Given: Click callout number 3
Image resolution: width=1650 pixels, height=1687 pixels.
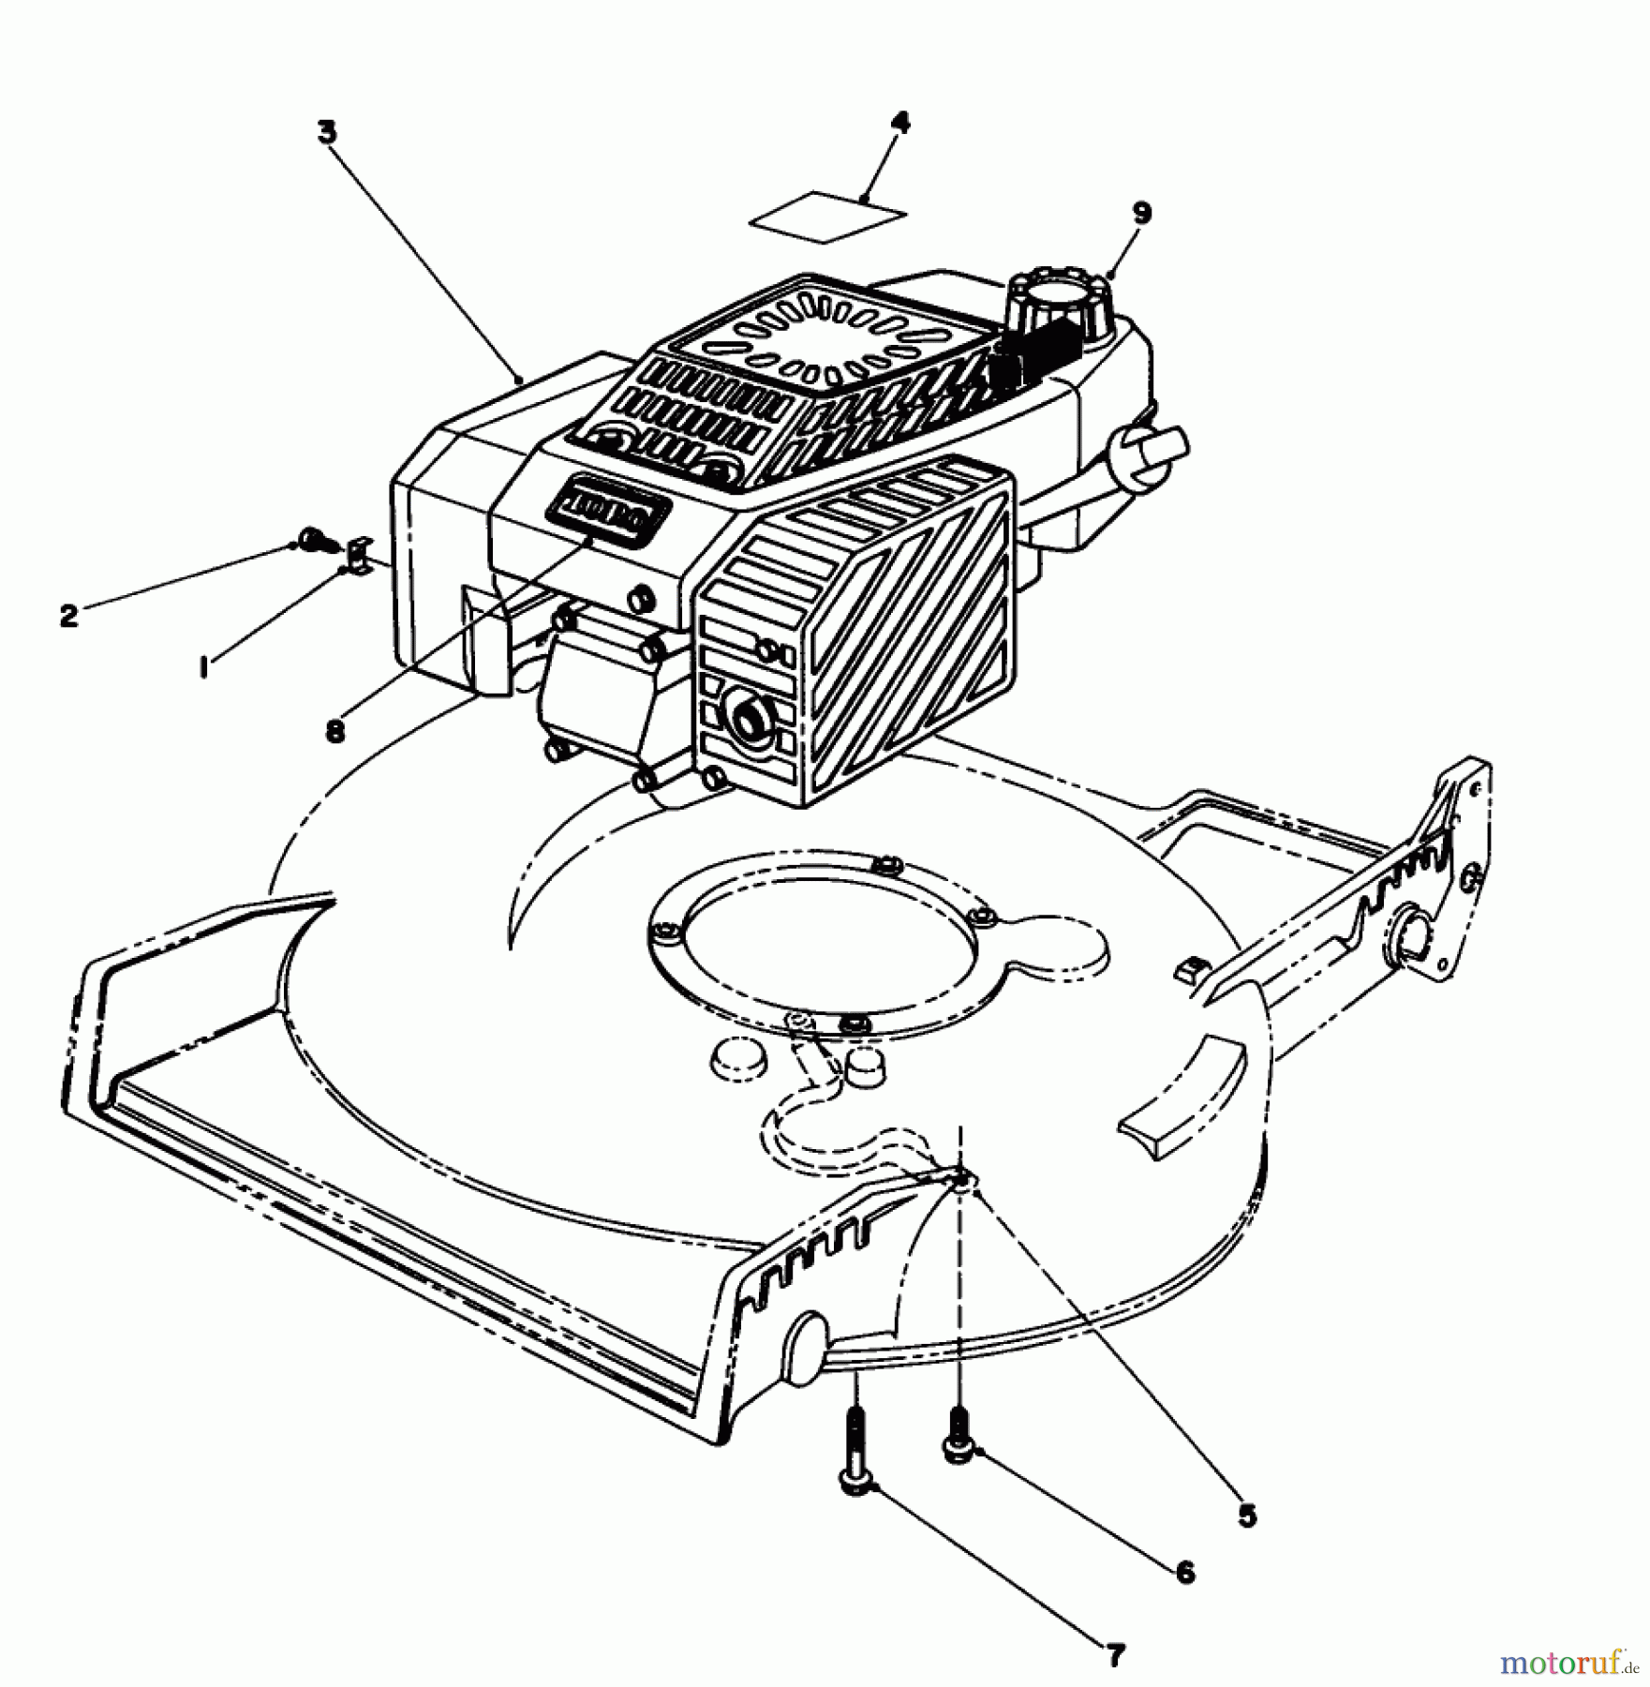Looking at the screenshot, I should tap(325, 133).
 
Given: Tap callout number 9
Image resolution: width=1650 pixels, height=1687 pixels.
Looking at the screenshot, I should tap(1141, 213).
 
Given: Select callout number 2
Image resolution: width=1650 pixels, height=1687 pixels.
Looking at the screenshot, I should tap(67, 616).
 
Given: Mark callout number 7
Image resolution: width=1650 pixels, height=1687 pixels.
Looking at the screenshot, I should tap(1114, 1656).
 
